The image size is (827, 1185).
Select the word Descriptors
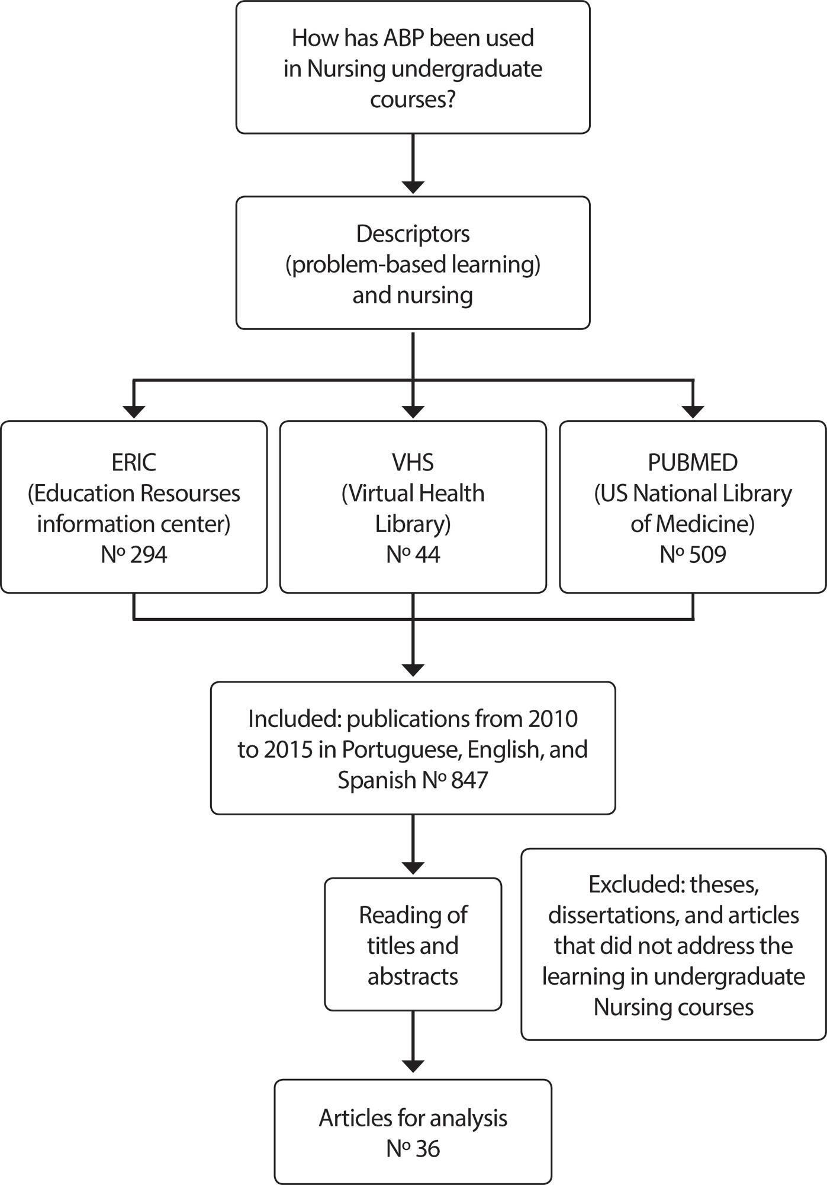pyautogui.click(x=413, y=234)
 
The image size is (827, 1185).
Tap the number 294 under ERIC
pyautogui.click(x=149, y=555)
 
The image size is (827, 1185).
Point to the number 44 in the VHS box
pyautogui.click(x=427, y=555)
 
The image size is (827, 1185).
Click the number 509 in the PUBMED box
pyautogui.click(x=707, y=555)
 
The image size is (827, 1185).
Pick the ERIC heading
pyautogui.click(x=134, y=463)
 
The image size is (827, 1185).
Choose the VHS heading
pyautogui.click(x=413, y=463)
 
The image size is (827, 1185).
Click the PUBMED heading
pyautogui.click(x=693, y=463)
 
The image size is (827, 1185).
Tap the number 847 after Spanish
pyautogui.click(x=469, y=780)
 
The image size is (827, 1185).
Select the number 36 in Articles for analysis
pyautogui.click(x=427, y=1149)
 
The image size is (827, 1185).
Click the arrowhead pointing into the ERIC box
pyautogui.click(x=134, y=411)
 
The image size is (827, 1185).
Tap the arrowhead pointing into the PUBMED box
pyautogui.click(x=693, y=411)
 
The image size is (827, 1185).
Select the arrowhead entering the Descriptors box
pyautogui.click(x=413, y=187)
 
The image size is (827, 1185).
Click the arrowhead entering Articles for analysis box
pyautogui.click(x=413, y=1066)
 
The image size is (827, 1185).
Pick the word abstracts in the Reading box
pyautogui.click(x=413, y=976)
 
